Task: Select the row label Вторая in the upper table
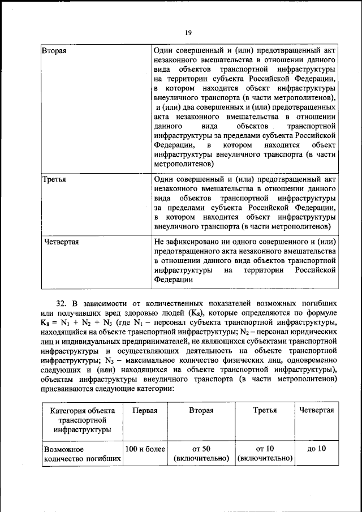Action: (55, 51)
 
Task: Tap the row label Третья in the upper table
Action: (55, 179)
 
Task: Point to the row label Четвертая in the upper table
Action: (61, 242)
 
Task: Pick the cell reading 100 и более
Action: (145, 449)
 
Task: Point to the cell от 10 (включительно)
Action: (265, 453)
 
